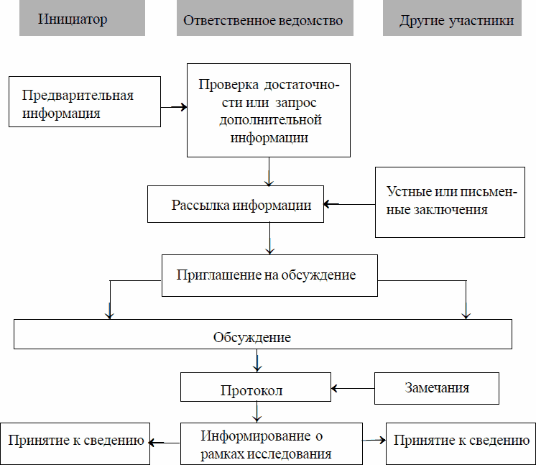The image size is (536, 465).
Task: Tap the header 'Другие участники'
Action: pos(458,20)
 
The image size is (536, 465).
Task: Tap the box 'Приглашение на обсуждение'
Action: pos(269,275)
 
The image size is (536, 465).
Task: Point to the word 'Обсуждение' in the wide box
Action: pos(252,337)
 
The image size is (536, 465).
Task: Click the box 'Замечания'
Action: pos(437,387)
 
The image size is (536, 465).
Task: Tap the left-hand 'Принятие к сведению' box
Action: pos(75,440)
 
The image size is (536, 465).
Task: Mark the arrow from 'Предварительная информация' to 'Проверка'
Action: pos(173,108)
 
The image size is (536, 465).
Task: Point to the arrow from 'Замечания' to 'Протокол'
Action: pos(353,388)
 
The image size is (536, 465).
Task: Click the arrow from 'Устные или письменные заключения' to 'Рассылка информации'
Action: pos(348,204)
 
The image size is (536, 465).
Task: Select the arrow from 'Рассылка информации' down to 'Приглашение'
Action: pos(269,238)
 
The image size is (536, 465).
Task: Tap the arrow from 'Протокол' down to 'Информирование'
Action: pos(257,412)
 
